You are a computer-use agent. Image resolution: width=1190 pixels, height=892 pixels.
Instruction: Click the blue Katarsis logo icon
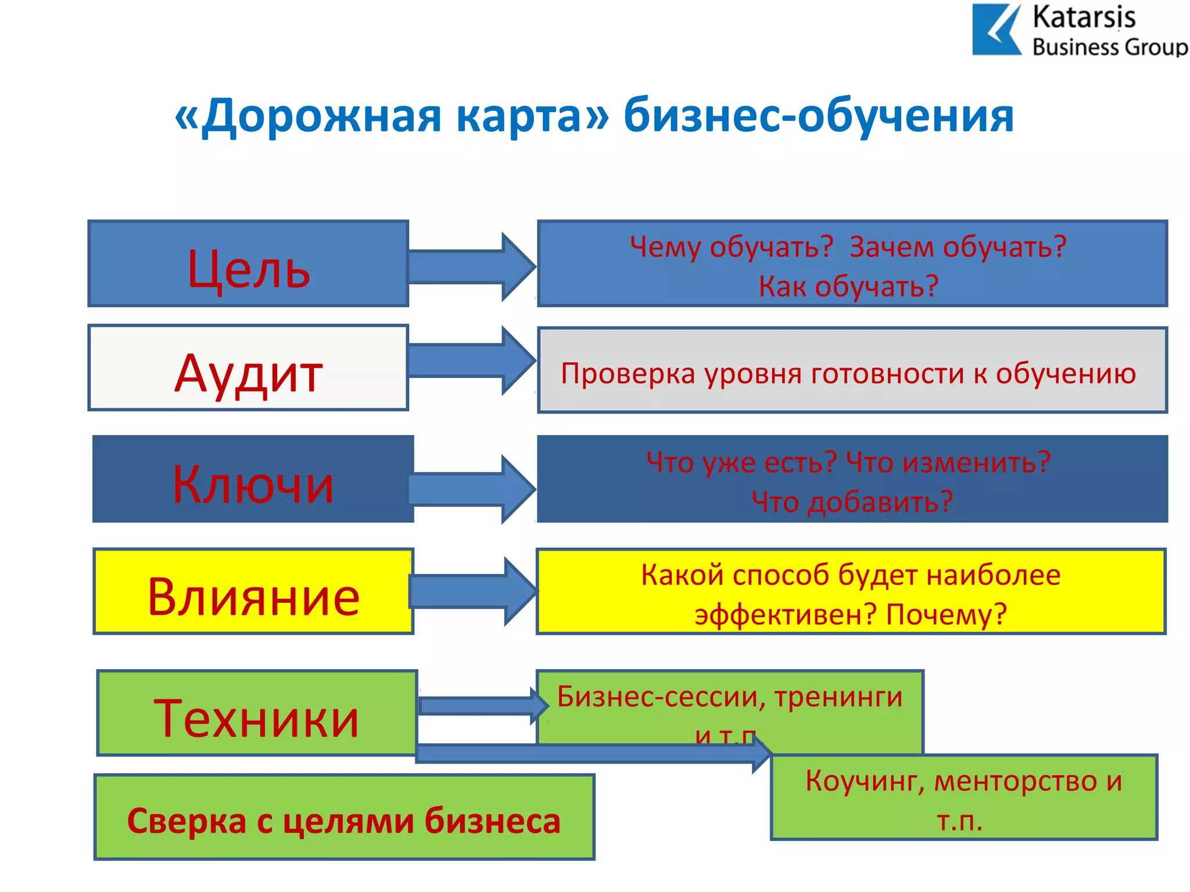click(x=995, y=30)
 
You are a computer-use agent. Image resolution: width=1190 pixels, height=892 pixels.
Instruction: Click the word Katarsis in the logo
click(x=1084, y=17)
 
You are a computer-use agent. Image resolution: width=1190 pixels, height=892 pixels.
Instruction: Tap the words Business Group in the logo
click(x=1109, y=47)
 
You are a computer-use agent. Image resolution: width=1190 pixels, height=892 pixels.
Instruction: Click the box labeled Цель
click(x=248, y=264)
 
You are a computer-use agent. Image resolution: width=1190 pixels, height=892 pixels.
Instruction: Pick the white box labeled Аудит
click(x=248, y=368)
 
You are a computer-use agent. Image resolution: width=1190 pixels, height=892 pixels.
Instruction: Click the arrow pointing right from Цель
click(x=471, y=267)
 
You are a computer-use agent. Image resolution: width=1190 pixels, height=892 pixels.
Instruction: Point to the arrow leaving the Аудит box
click(x=471, y=361)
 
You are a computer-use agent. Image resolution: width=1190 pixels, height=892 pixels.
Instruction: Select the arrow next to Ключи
click(x=471, y=489)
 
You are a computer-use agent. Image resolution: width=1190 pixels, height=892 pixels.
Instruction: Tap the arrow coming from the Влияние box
click(x=472, y=591)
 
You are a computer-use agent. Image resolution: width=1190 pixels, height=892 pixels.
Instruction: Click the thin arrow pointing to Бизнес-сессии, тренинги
click(x=482, y=706)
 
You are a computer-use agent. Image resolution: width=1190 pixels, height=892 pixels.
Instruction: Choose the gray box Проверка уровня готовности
click(x=852, y=371)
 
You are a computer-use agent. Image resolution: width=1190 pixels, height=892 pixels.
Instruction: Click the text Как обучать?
click(x=848, y=286)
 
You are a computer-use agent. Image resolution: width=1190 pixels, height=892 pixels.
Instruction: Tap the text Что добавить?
click(x=852, y=501)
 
